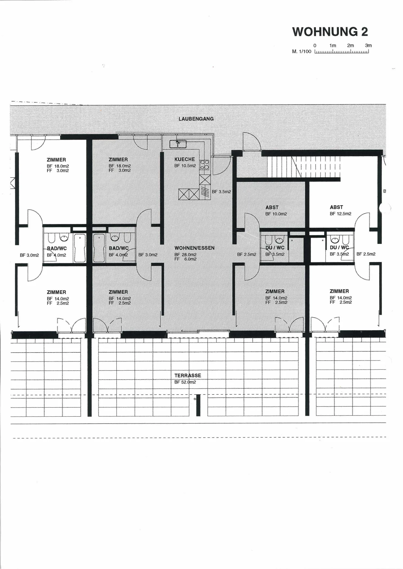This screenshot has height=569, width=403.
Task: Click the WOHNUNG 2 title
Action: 330,32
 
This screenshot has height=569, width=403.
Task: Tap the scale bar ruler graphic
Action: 342,51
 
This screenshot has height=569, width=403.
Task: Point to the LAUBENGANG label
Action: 196,119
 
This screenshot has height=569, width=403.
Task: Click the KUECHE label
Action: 185,159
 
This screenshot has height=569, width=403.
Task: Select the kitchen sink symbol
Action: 177,144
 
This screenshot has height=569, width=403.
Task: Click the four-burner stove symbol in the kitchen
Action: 204,165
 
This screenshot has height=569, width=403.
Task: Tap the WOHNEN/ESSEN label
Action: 194,248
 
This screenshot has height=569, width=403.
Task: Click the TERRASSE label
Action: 188,375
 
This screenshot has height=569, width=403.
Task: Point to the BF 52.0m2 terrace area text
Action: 185,382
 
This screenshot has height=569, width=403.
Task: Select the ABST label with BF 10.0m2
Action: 272,208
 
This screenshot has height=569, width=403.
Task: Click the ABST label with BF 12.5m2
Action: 336,207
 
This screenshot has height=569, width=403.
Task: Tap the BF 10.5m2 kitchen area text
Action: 185,166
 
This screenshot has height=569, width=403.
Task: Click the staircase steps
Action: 304,167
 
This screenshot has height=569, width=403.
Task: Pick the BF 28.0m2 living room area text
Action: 185,255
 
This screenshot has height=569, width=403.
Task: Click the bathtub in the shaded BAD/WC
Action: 99,248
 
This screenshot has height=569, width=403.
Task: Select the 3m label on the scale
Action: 368,45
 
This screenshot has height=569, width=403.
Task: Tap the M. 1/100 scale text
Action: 302,51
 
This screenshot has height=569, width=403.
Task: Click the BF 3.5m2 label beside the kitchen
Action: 221,192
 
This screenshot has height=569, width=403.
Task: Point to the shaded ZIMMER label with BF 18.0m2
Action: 118,160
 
